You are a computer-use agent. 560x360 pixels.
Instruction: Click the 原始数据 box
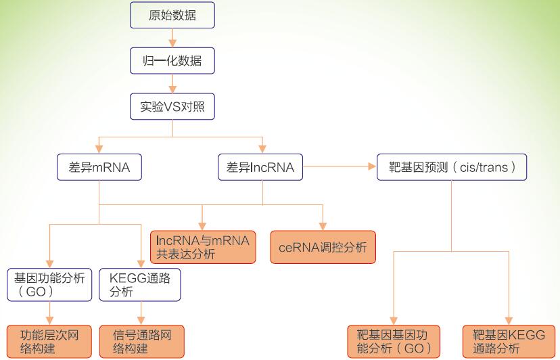tap(172, 16)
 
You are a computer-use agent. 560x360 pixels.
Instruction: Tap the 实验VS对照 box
tap(172, 106)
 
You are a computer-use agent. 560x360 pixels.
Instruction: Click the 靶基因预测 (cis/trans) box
tap(451, 167)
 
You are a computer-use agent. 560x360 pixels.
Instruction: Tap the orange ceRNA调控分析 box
tap(323, 247)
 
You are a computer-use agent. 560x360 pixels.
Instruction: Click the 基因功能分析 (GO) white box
tap(49, 285)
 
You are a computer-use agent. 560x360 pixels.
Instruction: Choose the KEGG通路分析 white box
tap(140, 285)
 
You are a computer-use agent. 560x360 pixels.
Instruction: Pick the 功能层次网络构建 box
tap(49, 342)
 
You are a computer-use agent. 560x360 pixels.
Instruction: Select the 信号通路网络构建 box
tap(141, 342)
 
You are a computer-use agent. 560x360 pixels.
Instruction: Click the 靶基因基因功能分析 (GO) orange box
tap(394, 342)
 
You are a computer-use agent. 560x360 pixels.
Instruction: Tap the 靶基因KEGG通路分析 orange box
tap(509, 342)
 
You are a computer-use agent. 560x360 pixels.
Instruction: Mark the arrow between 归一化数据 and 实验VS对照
tap(173, 83)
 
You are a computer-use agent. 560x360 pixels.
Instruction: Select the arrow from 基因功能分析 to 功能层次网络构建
tap(50, 313)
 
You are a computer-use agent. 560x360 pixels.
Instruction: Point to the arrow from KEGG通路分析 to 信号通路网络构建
tap(141, 313)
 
